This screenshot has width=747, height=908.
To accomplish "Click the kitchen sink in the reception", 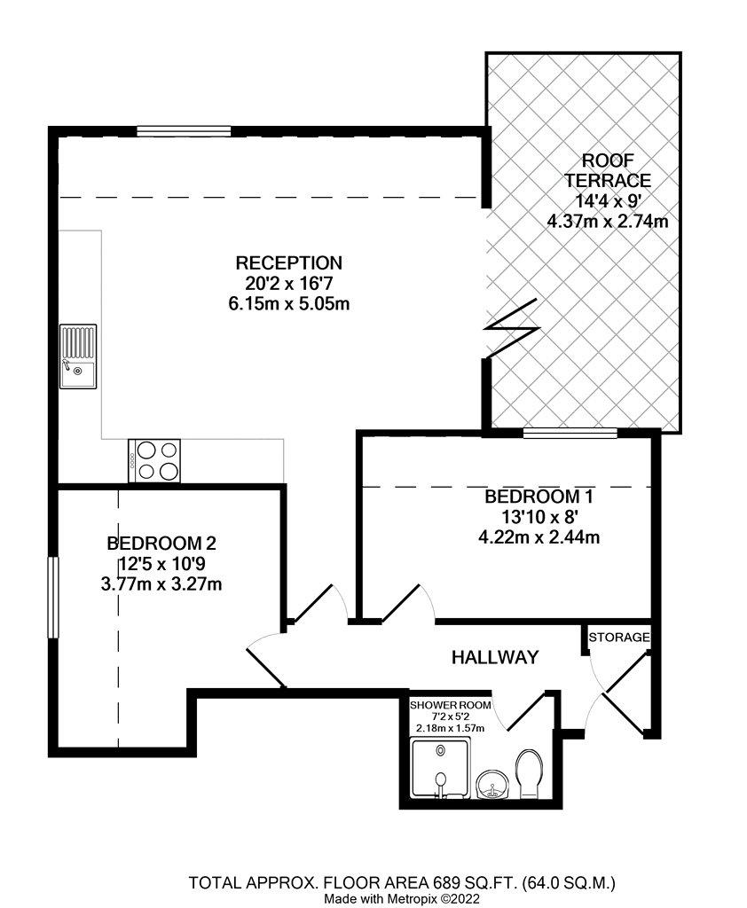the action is pos(78,356).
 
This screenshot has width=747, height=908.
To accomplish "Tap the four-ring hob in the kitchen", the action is pos(154,460).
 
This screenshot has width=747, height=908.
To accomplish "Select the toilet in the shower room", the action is pos(528,773).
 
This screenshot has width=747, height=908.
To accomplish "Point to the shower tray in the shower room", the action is pos(440,768).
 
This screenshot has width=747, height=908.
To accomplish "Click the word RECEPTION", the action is pos(288,262).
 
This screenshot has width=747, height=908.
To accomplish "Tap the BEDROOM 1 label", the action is pos(539,497).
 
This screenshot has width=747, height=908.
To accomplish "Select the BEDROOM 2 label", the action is pos(161,544).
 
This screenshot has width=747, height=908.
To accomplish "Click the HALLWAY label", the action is pos(495,657).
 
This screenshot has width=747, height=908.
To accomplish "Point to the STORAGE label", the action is pos(619,638).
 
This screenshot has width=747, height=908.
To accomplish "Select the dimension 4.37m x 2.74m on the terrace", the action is pos(608,221).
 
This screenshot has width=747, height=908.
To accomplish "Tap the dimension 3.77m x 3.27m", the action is pos(161,583).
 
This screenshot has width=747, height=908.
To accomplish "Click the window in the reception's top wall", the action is pos(184,131).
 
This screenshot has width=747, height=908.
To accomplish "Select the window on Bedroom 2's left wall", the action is pos(53,598).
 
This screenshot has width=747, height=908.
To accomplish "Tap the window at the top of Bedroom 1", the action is pos(570,433).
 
